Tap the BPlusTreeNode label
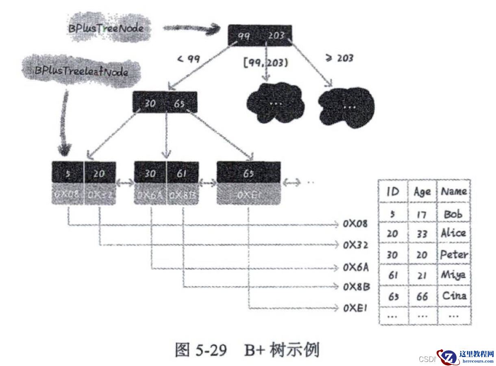pos(106,28)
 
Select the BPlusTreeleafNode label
pos(81,72)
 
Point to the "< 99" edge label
pos(189,59)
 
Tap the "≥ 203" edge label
pos(339,58)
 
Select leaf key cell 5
pos(68,174)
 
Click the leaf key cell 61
pos(183,174)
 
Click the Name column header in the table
pos(454,191)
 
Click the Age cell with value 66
pos(422,296)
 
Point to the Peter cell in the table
pos(454,255)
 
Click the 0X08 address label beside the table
pos(355,224)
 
